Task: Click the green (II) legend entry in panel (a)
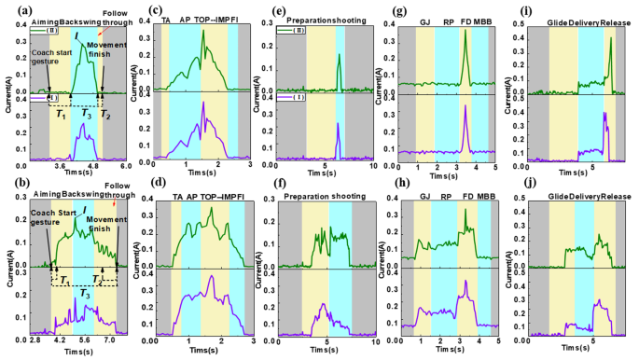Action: (21, 29)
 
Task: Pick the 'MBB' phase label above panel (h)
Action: (482, 198)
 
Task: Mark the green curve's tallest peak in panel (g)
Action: (464, 30)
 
